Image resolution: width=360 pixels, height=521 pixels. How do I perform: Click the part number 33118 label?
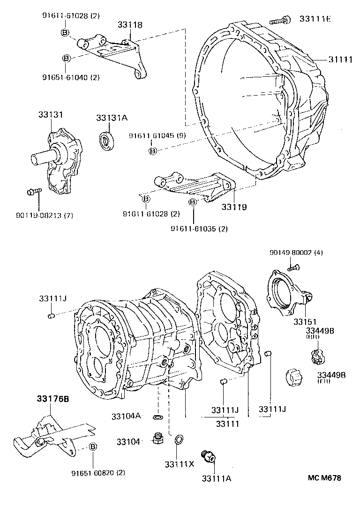click(x=130, y=25)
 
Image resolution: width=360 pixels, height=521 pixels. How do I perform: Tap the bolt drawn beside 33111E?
click(x=280, y=20)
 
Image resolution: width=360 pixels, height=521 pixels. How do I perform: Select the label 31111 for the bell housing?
click(x=341, y=59)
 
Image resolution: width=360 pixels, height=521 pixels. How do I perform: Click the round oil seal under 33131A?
click(x=108, y=140)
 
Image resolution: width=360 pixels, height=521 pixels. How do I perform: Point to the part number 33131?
click(x=51, y=114)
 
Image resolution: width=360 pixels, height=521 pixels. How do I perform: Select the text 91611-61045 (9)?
click(x=157, y=136)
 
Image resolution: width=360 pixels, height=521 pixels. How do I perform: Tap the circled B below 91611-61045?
click(x=152, y=150)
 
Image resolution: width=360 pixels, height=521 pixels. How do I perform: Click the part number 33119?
click(x=234, y=206)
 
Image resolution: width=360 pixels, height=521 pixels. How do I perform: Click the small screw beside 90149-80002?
click(x=294, y=268)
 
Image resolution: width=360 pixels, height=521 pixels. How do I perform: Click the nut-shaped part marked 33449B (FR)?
click(x=292, y=377)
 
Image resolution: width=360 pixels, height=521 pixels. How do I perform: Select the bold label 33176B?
click(x=53, y=399)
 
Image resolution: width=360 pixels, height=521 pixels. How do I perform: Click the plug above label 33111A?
click(x=206, y=456)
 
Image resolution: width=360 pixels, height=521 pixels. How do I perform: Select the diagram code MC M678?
click(x=324, y=478)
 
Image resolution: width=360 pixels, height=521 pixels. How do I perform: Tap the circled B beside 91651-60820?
click(x=93, y=447)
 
